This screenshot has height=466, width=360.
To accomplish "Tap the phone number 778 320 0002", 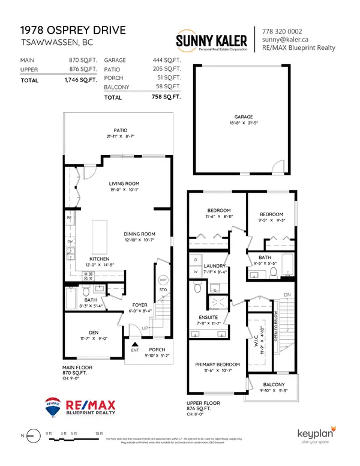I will pos(281,31).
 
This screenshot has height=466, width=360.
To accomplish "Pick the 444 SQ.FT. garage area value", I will pos(165,61).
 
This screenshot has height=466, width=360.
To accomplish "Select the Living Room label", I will pos(124,184).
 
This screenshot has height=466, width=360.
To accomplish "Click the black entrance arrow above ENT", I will pos(135,343).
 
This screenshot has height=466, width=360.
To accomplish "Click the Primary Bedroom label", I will pos(218,365).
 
